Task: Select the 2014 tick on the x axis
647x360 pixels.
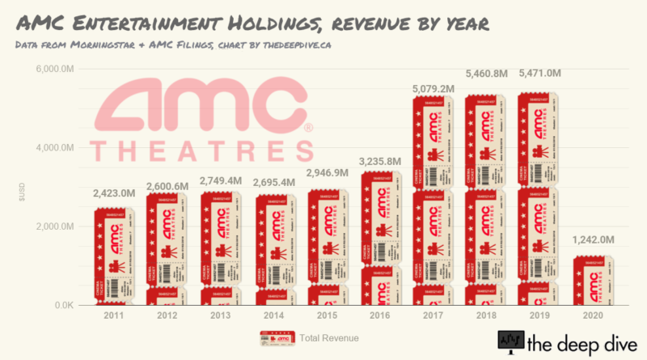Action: (277, 316)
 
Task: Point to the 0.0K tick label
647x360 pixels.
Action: (65, 305)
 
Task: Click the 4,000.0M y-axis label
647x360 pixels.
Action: (56, 148)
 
